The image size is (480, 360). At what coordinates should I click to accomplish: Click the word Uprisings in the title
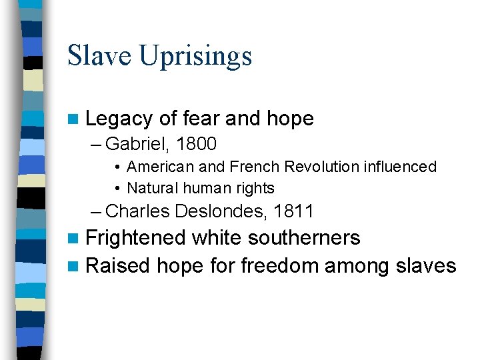[197, 57]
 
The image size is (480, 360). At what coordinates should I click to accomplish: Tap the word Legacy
[119, 119]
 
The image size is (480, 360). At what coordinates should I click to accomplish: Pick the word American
[159, 167]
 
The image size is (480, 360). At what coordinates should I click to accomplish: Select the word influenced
[400, 167]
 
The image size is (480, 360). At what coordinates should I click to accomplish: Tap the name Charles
[138, 211]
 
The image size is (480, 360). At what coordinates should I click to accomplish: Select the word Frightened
[136, 238]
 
